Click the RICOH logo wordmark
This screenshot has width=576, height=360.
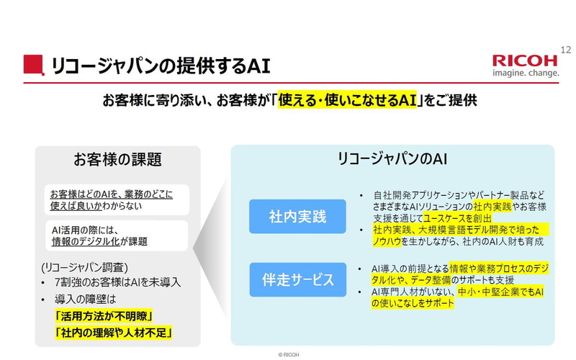tap(525, 60)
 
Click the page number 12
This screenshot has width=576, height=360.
tap(564, 49)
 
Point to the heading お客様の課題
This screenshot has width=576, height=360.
tap(117, 160)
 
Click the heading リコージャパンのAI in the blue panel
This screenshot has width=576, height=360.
tap(392, 159)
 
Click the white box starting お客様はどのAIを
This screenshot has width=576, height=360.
tap(115, 199)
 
